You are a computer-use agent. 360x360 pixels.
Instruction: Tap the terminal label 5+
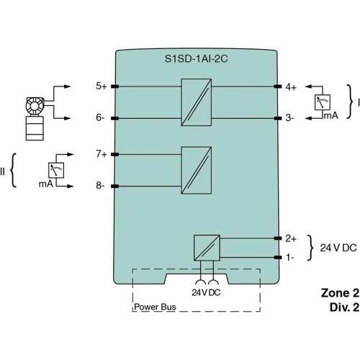[x=102, y=86]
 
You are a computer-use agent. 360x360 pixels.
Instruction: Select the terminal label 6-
[x=101, y=117]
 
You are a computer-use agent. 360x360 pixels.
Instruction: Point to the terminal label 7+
[x=102, y=155]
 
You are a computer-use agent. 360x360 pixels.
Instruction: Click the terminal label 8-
[x=101, y=186]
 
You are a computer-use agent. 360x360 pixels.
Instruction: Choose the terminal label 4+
[x=291, y=86]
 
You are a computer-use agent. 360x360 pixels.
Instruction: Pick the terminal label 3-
[x=289, y=117]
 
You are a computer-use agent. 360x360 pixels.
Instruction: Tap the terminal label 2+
[x=291, y=238]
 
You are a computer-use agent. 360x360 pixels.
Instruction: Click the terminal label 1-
[x=289, y=257]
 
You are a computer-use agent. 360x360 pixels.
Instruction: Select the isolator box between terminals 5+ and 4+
[x=195, y=102]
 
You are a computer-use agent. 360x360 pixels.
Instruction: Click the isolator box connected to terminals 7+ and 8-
[x=195, y=170]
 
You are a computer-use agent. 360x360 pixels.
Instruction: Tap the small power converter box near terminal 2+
[x=206, y=248]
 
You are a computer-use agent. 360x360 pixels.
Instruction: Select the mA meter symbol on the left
[x=55, y=170]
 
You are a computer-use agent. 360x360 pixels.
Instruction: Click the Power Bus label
[x=156, y=307]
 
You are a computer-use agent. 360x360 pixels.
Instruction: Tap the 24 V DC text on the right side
[x=338, y=248]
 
